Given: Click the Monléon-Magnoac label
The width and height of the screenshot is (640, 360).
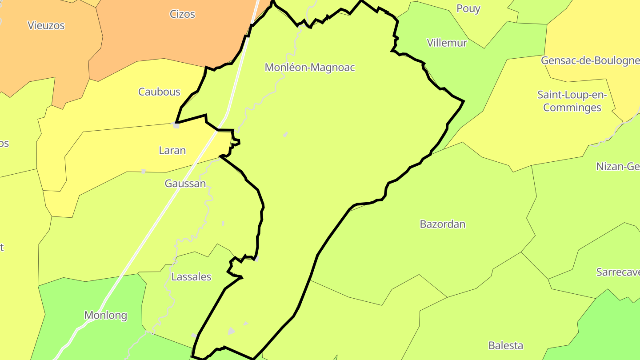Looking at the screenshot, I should pos(310,68).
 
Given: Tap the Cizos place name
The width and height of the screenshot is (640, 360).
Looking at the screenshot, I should pos(182,14).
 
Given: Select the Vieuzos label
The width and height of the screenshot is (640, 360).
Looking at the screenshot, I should pos(46,26).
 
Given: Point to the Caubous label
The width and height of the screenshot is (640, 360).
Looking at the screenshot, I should pos(159,92).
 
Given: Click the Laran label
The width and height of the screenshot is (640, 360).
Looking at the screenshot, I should pos(172,151).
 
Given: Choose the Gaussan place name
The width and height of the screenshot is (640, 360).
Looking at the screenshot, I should pos(185,184).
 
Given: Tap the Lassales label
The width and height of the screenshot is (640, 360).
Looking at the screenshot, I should pos(191,277).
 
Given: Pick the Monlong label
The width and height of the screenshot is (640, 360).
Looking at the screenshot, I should pos(106,316).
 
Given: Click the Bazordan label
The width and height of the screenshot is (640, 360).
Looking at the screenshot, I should pos(442,224).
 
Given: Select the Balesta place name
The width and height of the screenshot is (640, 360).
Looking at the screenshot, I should pos(505,345).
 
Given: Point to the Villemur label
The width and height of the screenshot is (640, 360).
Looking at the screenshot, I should pos(447,43).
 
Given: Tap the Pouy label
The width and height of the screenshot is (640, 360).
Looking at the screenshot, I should pos(468,9).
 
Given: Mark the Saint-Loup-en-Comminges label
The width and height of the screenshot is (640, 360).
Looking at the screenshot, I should pos(572,101).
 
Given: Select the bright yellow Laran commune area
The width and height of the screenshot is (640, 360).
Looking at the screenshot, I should pos(111,151).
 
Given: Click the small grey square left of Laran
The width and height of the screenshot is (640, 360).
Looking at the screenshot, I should pos(176,126).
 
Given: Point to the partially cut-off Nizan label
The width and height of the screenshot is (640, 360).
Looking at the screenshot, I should pos(618,167).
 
